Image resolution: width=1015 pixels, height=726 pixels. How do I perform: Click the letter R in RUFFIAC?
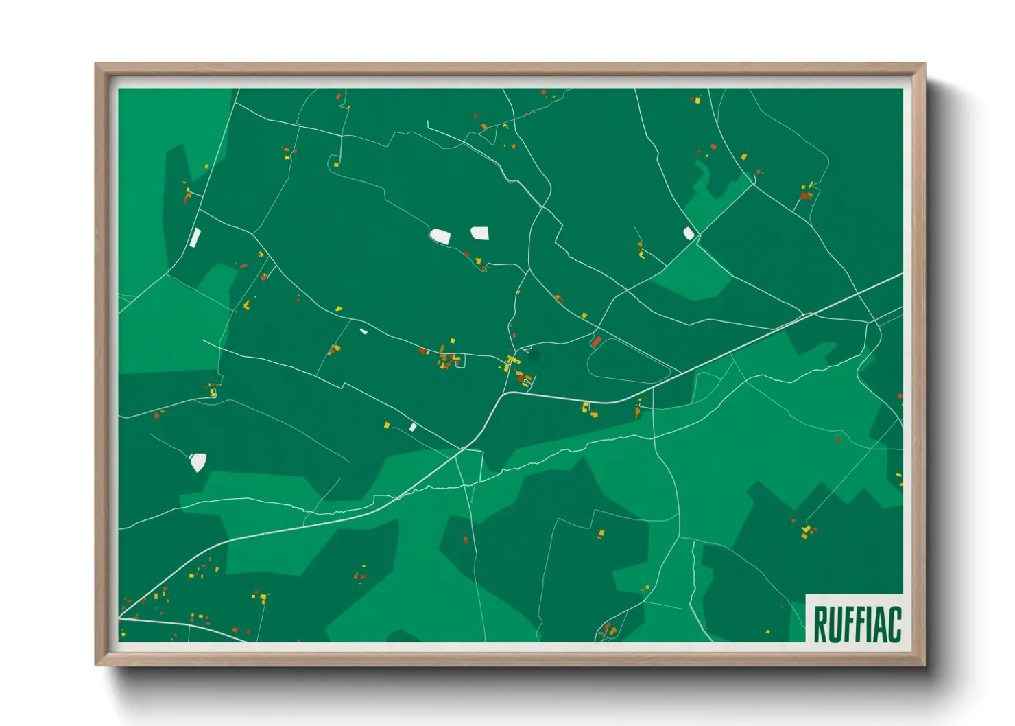tap(819, 624)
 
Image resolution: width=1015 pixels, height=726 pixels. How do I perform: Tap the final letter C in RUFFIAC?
tap(894, 624)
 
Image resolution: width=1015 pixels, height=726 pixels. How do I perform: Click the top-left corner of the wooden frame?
tap(96, 65)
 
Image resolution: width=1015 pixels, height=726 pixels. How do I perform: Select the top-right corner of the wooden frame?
tap(924, 65)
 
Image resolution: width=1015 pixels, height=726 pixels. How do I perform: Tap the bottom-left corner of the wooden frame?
tap(96, 664)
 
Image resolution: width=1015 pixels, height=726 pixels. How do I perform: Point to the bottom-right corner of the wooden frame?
tap(924, 664)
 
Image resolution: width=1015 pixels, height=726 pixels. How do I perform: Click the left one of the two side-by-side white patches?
tap(440, 237)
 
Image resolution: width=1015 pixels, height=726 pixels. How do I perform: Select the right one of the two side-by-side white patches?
tap(480, 233)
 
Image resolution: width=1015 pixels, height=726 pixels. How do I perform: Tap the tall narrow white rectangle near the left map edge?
tap(195, 237)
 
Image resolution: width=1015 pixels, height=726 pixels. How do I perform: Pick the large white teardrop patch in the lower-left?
tap(198, 462)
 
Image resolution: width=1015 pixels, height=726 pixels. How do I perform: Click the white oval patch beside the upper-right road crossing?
tap(689, 233)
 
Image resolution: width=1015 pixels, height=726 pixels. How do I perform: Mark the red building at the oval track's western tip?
tap(596, 342)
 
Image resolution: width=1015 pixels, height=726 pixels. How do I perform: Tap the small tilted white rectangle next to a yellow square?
tap(413, 427)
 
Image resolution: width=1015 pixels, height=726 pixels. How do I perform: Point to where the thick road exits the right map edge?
tap(901, 274)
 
